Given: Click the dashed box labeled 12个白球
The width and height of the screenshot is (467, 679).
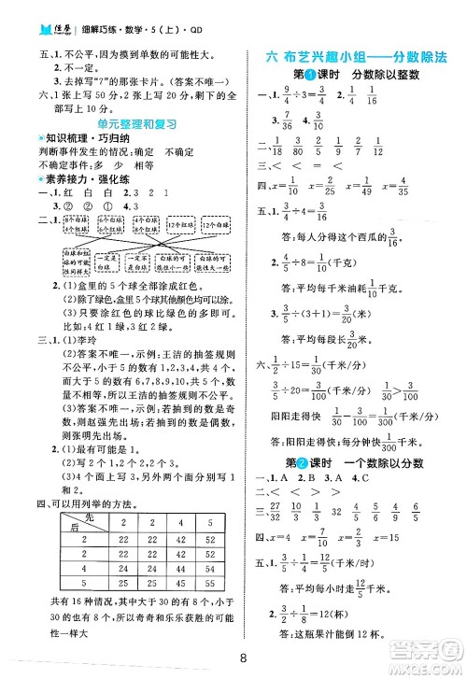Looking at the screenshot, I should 219,223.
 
